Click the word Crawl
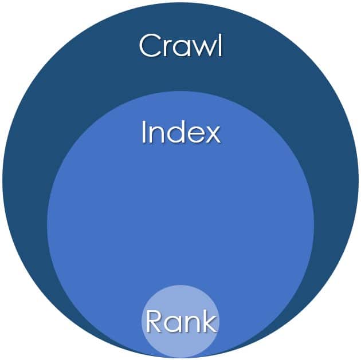pos(180,46)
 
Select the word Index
pos(180,133)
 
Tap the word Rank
pos(181,321)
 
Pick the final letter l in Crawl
pos(219,45)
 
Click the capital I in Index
pos(144,133)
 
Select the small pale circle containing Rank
pos(180,303)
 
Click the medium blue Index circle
pos(180,217)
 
